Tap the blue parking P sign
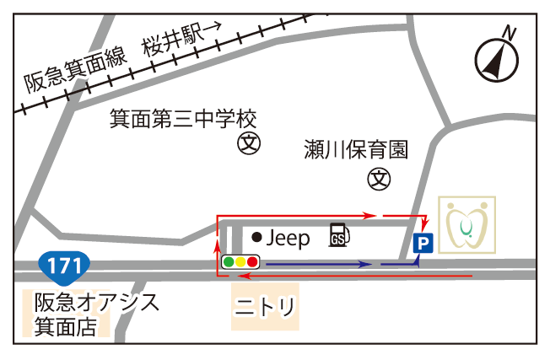tap(423, 244)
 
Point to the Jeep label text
tap(288, 239)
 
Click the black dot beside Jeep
tap(256, 239)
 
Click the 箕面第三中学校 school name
tap(183, 117)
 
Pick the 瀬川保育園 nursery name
tap(356, 150)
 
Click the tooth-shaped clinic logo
tap(466, 224)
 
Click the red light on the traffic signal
tap(252, 262)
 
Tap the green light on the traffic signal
tap(229, 262)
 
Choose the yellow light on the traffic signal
tap(240, 262)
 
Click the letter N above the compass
tap(509, 32)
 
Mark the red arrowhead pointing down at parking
tap(423, 226)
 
